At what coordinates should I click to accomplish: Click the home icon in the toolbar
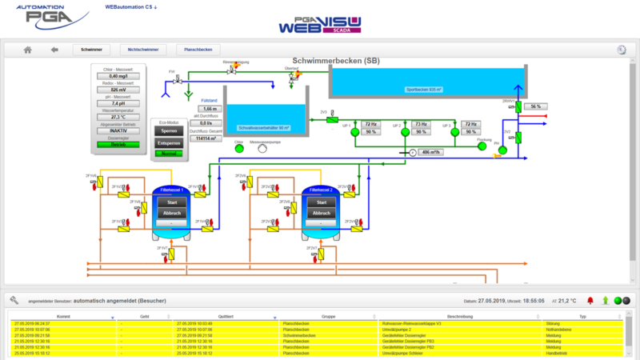27,50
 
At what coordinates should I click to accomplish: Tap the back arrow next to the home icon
54,50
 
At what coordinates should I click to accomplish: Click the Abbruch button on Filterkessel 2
322,214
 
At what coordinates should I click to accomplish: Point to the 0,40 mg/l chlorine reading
118,76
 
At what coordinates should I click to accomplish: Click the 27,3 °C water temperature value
118,117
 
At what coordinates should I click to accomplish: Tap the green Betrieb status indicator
118,145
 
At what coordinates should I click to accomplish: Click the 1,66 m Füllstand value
210,108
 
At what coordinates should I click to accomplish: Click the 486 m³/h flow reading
431,152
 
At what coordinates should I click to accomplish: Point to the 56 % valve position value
538,106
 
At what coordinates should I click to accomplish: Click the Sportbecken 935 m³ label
423,90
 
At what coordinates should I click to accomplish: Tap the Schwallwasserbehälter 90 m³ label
264,128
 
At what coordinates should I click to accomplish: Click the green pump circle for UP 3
454,135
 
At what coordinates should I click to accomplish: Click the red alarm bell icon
590,300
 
